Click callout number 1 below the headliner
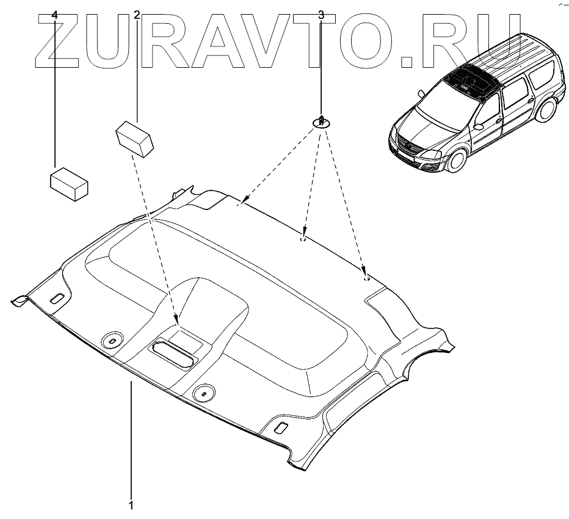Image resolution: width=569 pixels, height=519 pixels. (x=131, y=505)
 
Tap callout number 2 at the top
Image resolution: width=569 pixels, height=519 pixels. (x=137, y=15)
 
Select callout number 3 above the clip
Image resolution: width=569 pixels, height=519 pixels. (x=321, y=15)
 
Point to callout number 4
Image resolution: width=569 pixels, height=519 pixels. (x=56, y=15)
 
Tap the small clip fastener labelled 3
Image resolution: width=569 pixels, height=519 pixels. (x=321, y=121)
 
